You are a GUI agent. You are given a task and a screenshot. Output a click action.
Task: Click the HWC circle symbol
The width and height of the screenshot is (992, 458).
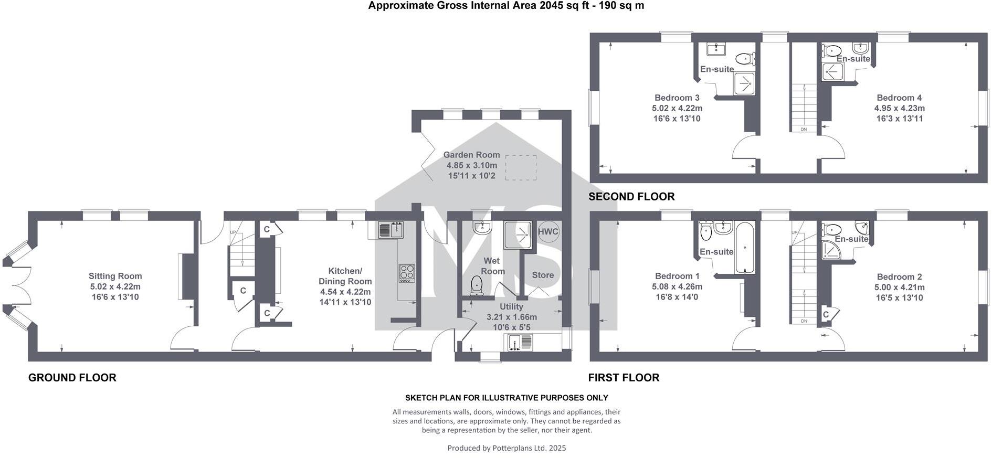tap(548, 232)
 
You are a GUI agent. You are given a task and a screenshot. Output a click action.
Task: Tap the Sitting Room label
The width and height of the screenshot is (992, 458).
tap(115, 276)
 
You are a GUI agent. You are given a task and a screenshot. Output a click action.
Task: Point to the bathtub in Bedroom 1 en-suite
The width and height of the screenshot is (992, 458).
tap(745, 248)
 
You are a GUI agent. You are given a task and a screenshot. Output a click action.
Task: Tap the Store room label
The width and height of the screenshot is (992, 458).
tap(543, 275)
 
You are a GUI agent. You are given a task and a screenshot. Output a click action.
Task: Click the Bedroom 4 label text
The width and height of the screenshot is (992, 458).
tap(899, 98)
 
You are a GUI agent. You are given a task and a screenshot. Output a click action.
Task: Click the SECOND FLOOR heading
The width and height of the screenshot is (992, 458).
tap(631, 197)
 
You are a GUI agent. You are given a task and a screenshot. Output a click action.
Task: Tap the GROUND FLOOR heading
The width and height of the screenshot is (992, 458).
tap(72, 378)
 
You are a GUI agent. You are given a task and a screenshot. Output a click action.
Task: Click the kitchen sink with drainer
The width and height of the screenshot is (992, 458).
tap(391, 230)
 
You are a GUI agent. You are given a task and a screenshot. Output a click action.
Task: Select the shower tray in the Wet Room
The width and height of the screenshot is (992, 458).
tap(518, 235)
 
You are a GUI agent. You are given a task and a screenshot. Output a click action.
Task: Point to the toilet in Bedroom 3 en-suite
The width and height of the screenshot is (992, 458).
tap(744, 58)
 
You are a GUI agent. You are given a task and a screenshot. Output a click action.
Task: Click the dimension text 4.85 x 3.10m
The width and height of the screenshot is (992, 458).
tap(471, 165)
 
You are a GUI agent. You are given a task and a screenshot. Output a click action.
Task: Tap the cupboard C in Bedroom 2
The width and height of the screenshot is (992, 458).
tap(826, 315)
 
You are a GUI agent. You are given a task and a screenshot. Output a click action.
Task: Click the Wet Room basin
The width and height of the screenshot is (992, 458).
tap(481, 227)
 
